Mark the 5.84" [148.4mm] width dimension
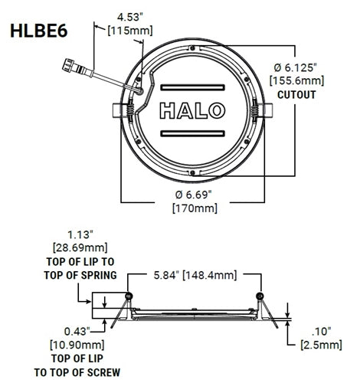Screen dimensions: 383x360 click(193, 274)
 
